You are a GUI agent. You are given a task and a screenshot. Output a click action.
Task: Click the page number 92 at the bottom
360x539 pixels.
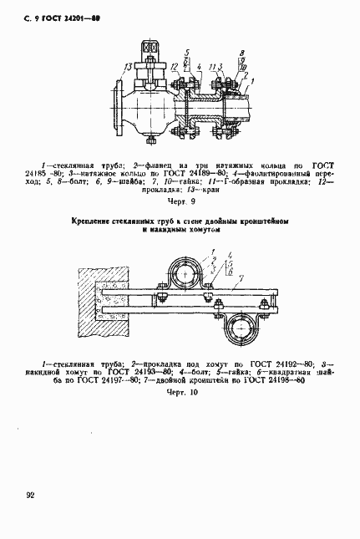click(x=30, y=496)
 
